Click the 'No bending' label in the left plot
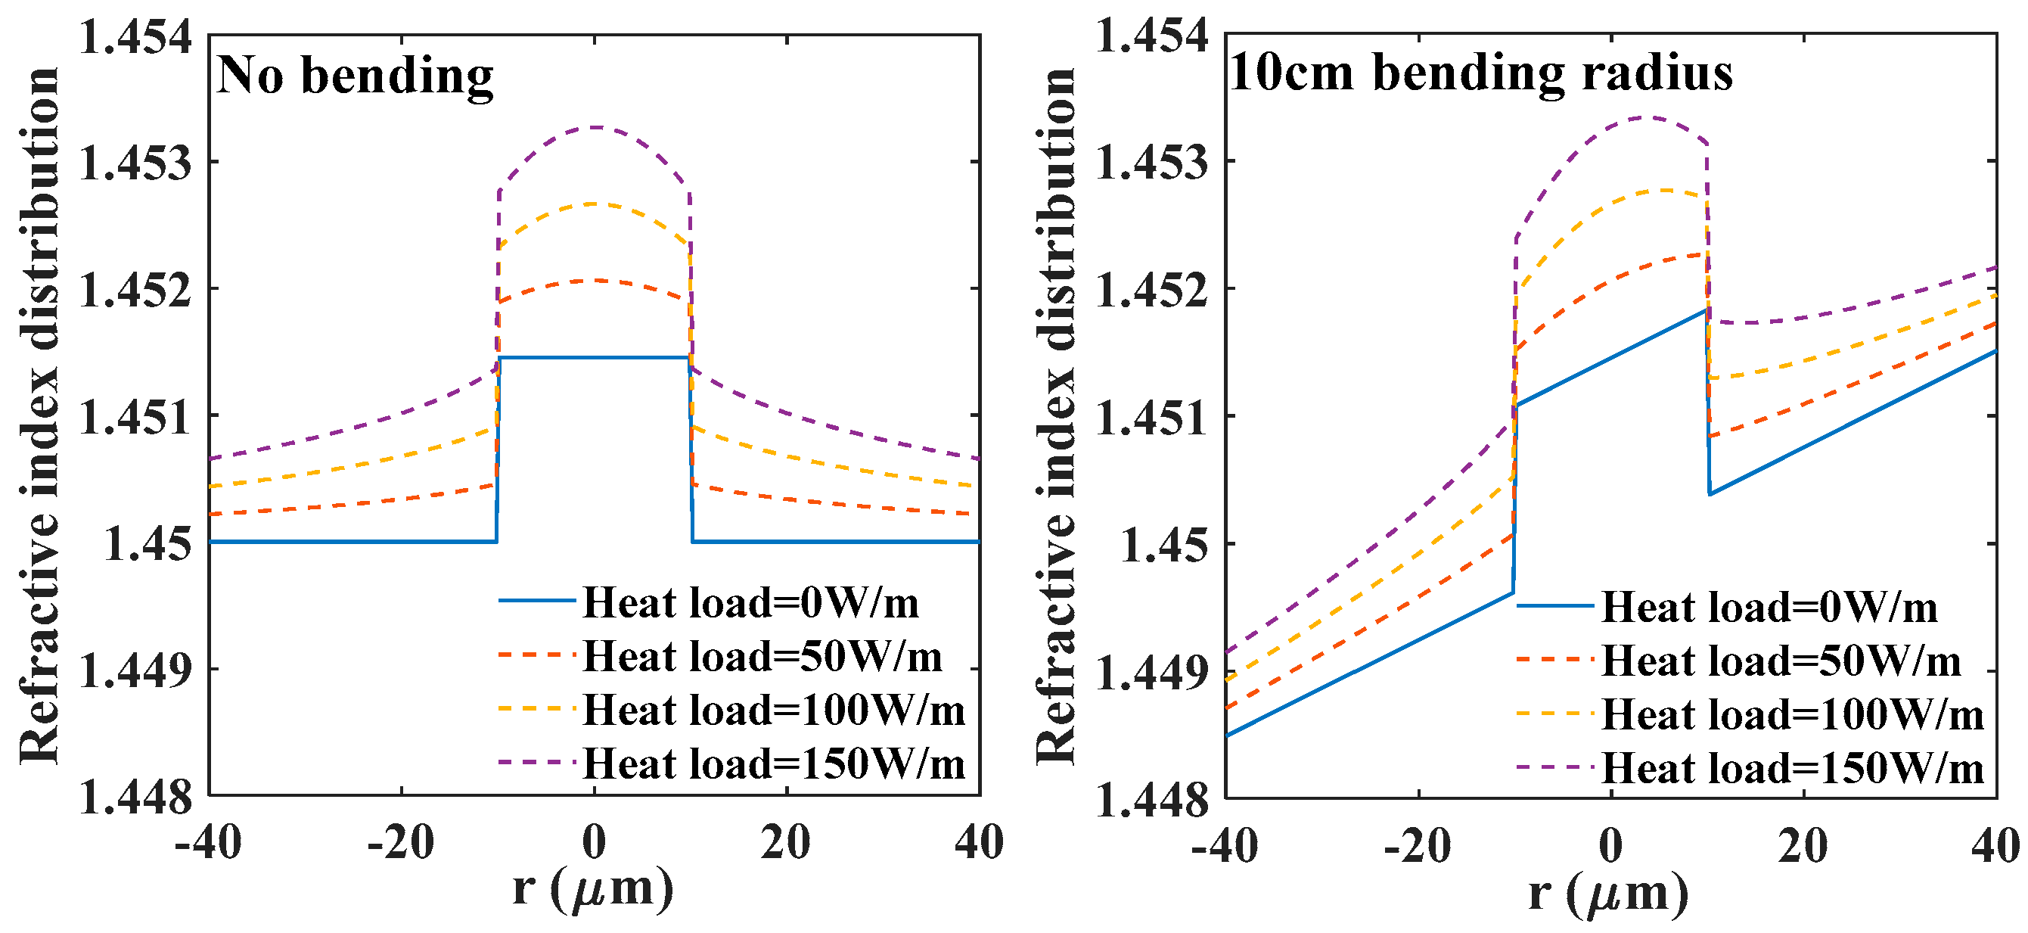tap(354, 76)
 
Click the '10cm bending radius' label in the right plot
tap(1480, 73)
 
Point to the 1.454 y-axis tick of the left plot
tap(135, 37)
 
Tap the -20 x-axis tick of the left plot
tap(401, 843)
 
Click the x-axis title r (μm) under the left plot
tap(593, 889)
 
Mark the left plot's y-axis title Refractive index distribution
tap(39, 415)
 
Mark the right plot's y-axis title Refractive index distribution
tap(1055, 415)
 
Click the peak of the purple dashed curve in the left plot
tap(595, 127)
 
